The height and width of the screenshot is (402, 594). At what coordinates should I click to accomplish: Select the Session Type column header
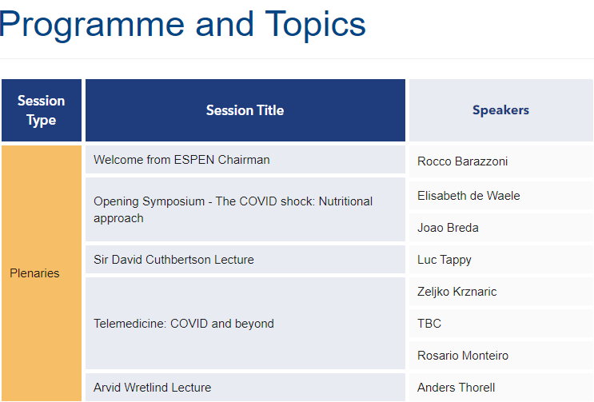pos(42,110)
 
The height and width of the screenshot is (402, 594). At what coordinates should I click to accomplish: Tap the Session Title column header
pos(245,110)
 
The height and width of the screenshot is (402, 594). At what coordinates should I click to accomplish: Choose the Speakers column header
pos(500,110)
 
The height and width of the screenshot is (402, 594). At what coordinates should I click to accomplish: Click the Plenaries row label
pos(34,273)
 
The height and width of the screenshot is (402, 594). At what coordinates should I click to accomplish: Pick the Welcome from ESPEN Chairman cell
pos(245,160)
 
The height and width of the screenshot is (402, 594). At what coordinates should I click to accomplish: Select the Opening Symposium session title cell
pos(245,209)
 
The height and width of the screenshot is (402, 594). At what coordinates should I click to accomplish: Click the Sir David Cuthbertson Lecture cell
pos(245,259)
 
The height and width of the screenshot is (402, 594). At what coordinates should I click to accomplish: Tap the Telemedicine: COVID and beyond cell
pos(245,323)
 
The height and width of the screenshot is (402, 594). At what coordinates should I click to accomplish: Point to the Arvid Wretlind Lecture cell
pos(245,388)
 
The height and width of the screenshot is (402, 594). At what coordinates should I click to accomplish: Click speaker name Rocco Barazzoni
pos(462,161)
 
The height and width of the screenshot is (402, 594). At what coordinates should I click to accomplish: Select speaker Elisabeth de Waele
pos(468,195)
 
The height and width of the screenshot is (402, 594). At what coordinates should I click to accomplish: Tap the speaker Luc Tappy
pos(445,260)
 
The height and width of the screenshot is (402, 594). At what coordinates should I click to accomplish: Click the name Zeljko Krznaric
pos(456,292)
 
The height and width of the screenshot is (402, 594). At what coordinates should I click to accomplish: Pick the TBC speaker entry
pos(429,323)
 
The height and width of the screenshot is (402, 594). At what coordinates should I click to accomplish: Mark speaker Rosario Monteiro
pos(463,356)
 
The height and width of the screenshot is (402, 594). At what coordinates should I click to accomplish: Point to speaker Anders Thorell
pos(456,388)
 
